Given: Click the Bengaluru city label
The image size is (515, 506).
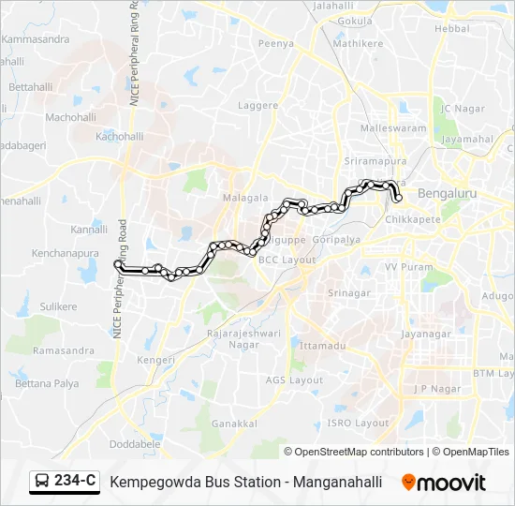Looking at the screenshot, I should tap(449, 193).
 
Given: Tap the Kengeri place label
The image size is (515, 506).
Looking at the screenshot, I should tap(156, 360).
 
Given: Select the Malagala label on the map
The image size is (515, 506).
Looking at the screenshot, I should tap(245, 199).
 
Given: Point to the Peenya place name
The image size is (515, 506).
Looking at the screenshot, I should tap(276, 43).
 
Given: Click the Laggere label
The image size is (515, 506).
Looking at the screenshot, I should tap(258, 106).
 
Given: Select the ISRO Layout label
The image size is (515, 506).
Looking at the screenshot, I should tap(358, 423).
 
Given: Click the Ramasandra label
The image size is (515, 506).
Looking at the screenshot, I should tap(64, 350).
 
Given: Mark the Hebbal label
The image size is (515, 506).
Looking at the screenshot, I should tap(452, 29).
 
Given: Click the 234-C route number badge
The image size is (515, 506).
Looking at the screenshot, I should tap(75, 482).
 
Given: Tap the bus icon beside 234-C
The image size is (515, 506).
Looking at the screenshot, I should tap(43, 482).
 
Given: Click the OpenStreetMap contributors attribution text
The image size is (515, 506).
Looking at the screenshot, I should tap(359, 452).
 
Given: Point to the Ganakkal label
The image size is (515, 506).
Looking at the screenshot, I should tap(234, 424).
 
